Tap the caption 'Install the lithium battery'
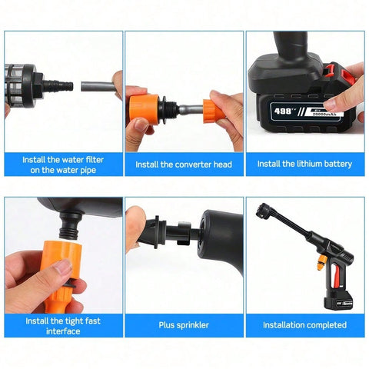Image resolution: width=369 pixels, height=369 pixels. point(304,164)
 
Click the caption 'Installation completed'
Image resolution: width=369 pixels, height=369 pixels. point(304,325)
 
